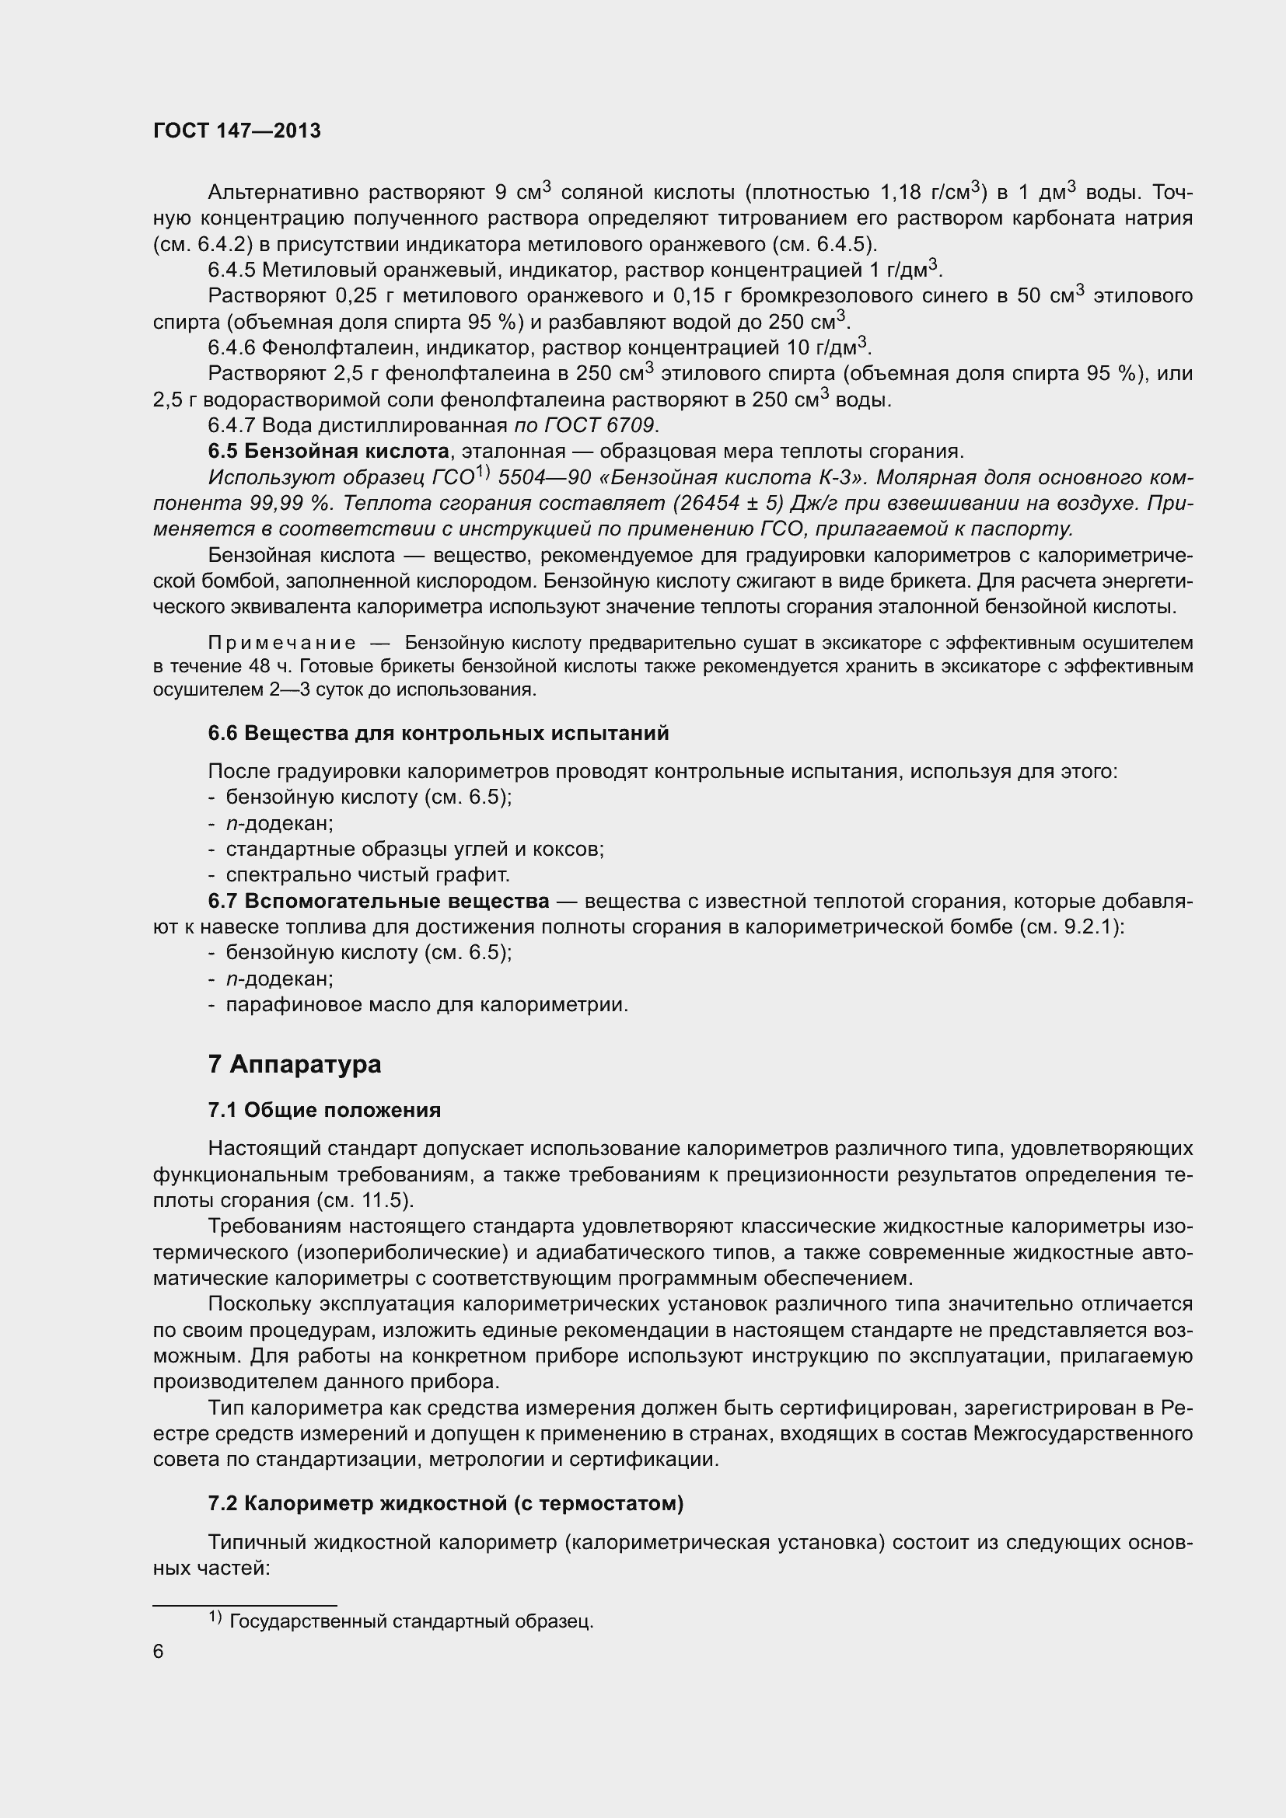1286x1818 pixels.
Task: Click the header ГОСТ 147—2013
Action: click(x=237, y=131)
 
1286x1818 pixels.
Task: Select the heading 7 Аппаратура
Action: click(x=295, y=1064)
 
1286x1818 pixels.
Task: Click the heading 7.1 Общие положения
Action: click(x=324, y=1110)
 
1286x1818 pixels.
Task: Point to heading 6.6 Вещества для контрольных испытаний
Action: click(x=438, y=733)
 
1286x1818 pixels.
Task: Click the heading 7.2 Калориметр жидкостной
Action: click(x=446, y=1504)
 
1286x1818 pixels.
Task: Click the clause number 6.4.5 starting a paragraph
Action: click(x=231, y=270)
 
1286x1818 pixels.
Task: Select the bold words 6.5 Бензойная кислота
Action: click(x=329, y=452)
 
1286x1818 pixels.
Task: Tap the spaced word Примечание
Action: click(x=281, y=643)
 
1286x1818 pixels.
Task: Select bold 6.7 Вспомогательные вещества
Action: click(x=379, y=901)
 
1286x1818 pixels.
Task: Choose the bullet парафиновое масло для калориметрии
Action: click(x=427, y=1005)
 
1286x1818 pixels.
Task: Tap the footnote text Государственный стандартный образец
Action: click(x=411, y=1621)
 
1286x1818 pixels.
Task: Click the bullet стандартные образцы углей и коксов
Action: click(x=415, y=849)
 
